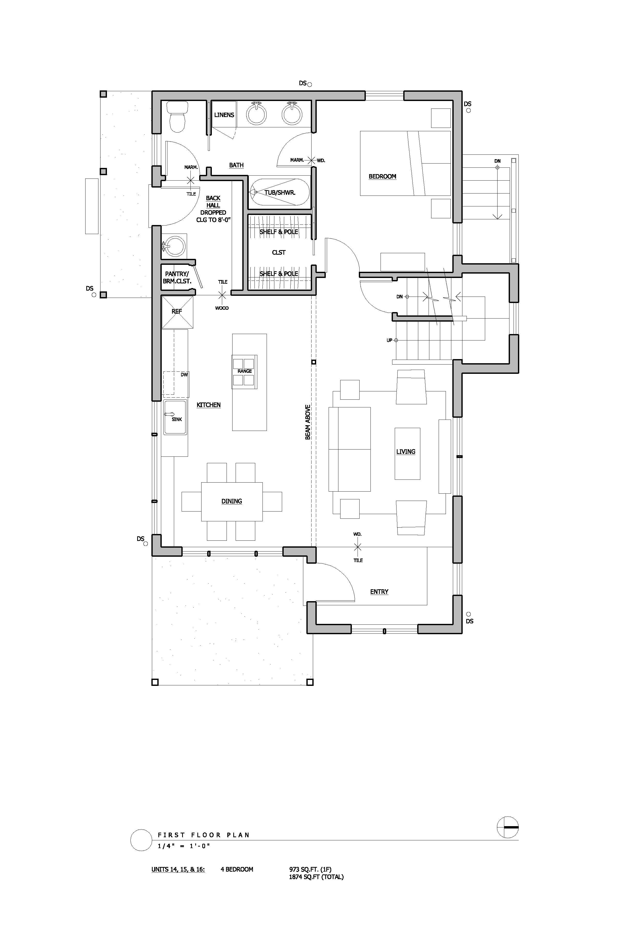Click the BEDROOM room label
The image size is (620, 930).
pyautogui.click(x=382, y=176)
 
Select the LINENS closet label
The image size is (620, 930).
pyautogui.click(x=224, y=115)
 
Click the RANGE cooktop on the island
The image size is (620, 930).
pyautogui.click(x=244, y=371)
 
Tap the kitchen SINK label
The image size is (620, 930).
pyautogui.click(x=177, y=419)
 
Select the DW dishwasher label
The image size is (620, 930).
pyautogui.click(x=184, y=374)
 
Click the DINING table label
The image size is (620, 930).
pyautogui.click(x=232, y=501)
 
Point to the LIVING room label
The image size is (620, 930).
pyautogui.click(x=406, y=452)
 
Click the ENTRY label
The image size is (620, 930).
pyautogui.click(x=379, y=592)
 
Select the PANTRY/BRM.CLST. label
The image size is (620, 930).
pyautogui.click(x=177, y=277)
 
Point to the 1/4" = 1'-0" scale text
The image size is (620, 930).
pyautogui.click(x=183, y=846)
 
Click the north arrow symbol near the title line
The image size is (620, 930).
pyautogui.click(x=508, y=827)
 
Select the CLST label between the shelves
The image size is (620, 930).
pyautogui.click(x=279, y=252)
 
